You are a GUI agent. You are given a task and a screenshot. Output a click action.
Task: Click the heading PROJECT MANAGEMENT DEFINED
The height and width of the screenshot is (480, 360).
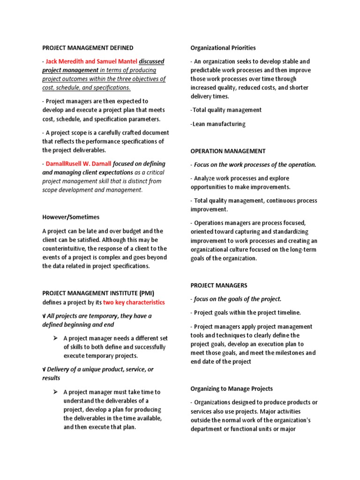pos(88,48)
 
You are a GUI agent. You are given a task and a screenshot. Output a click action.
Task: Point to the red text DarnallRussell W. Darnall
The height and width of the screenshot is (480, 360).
pos(79,164)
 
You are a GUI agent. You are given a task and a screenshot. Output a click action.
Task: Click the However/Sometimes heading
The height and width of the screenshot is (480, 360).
pos(71,217)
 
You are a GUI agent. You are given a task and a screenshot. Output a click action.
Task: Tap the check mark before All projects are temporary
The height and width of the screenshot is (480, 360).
pos(44,316)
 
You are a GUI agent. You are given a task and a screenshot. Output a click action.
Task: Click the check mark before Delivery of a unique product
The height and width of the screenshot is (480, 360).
pos(44,369)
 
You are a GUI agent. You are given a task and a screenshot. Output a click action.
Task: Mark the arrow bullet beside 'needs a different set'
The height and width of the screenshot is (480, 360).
pos(55,338)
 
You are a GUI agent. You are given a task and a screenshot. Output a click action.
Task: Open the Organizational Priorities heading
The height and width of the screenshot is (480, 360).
pos(223,48)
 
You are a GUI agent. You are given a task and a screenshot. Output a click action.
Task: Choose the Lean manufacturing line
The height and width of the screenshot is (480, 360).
pos(218,124)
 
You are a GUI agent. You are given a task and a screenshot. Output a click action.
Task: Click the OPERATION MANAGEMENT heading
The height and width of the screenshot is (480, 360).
pos(228,151)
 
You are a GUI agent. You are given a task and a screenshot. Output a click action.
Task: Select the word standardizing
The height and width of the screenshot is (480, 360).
pos(287,232)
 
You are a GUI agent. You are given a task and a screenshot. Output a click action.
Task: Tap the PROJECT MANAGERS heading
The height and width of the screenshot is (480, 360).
pos(219,285)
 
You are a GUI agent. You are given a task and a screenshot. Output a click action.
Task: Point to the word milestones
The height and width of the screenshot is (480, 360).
pos(287,352)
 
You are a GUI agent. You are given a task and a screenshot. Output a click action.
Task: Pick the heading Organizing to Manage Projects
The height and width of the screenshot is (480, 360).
pos(232,389)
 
